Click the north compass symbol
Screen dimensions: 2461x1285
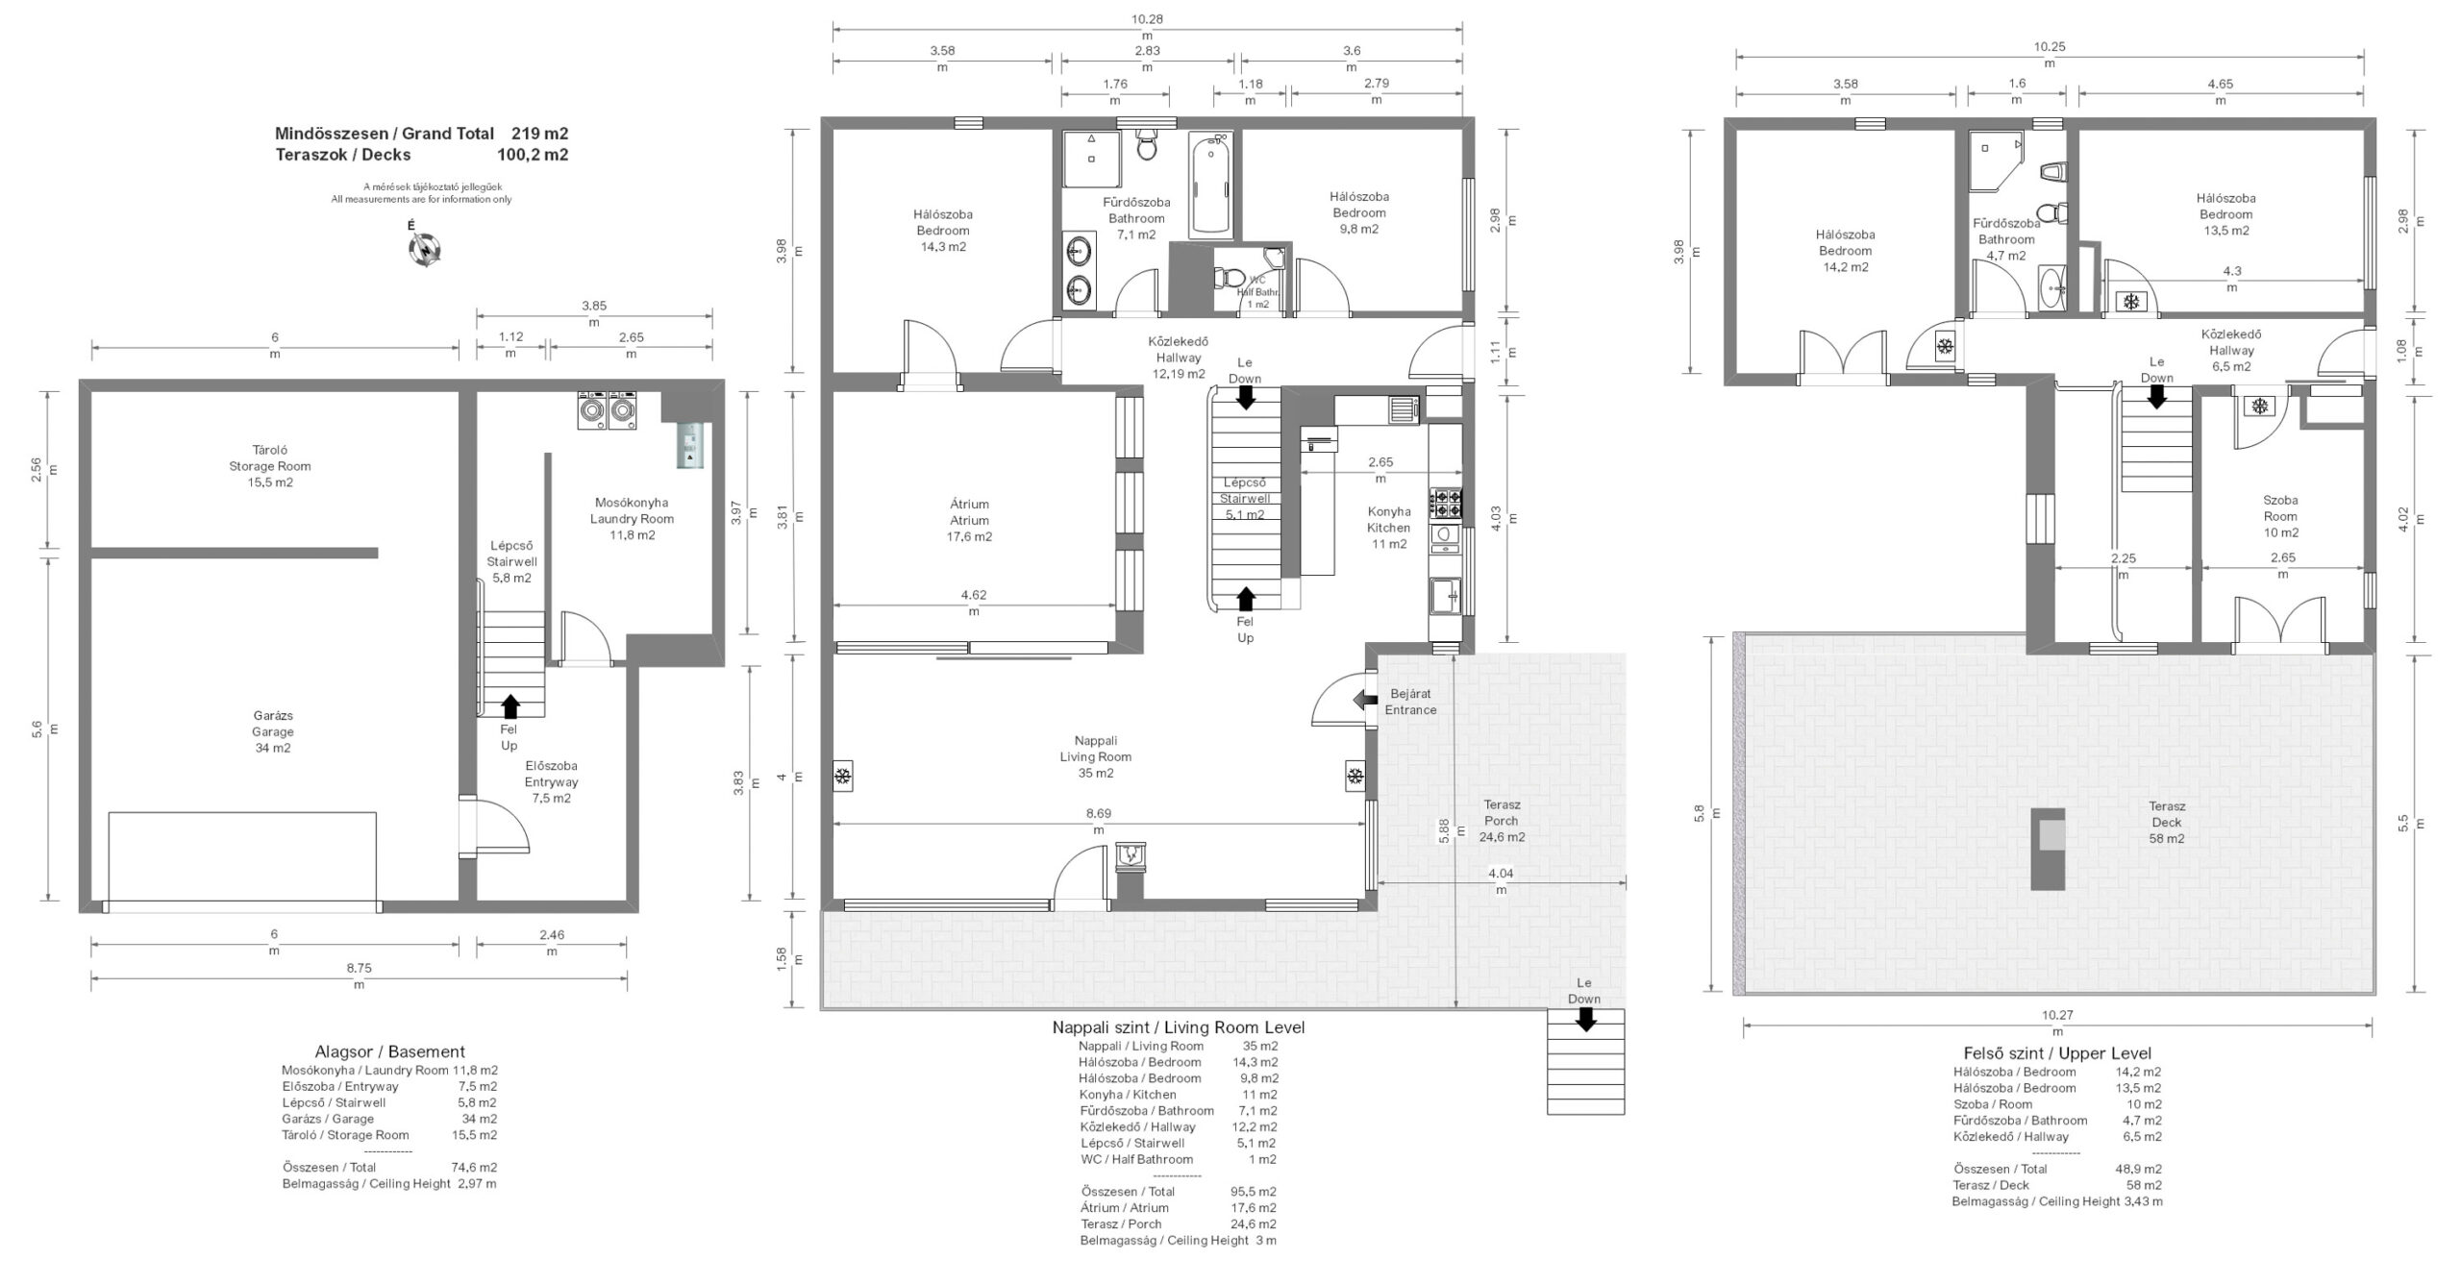424,249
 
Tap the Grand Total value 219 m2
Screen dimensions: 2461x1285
539,134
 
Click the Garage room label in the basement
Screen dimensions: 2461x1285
273,731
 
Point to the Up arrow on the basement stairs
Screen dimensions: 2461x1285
510,706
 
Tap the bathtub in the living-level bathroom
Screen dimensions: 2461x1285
1210,185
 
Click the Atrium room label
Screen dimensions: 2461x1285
969,520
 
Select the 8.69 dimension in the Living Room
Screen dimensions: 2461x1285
1098,813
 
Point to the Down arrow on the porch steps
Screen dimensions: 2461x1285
1585,1021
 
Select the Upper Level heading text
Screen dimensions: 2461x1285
2057,1053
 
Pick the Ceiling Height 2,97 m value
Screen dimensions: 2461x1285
477,1183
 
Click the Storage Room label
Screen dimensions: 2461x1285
270,466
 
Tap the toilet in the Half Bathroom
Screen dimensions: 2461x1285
1227,278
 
